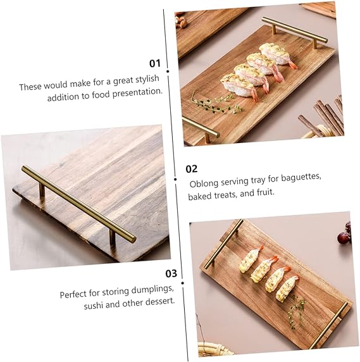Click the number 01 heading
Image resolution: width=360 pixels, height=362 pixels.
coord(155,63)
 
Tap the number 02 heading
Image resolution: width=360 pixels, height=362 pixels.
coord(192,169)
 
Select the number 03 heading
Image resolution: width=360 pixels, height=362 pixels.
coord(171,273)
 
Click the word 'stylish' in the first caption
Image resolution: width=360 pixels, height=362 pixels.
coord(147,79)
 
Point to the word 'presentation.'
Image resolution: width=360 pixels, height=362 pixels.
coord(137,93)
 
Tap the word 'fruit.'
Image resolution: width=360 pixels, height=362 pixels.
coord(266,192)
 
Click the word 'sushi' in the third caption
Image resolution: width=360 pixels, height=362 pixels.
coord(93,306)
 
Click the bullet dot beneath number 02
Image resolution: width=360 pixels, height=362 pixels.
coord(175,179)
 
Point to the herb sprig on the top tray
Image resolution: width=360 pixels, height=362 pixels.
coord(215,103)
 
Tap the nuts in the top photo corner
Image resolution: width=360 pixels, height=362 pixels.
coord(180,20)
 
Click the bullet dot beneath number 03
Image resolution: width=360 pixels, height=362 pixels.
coord(183,283)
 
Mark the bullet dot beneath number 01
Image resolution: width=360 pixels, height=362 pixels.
coord(168,72)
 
